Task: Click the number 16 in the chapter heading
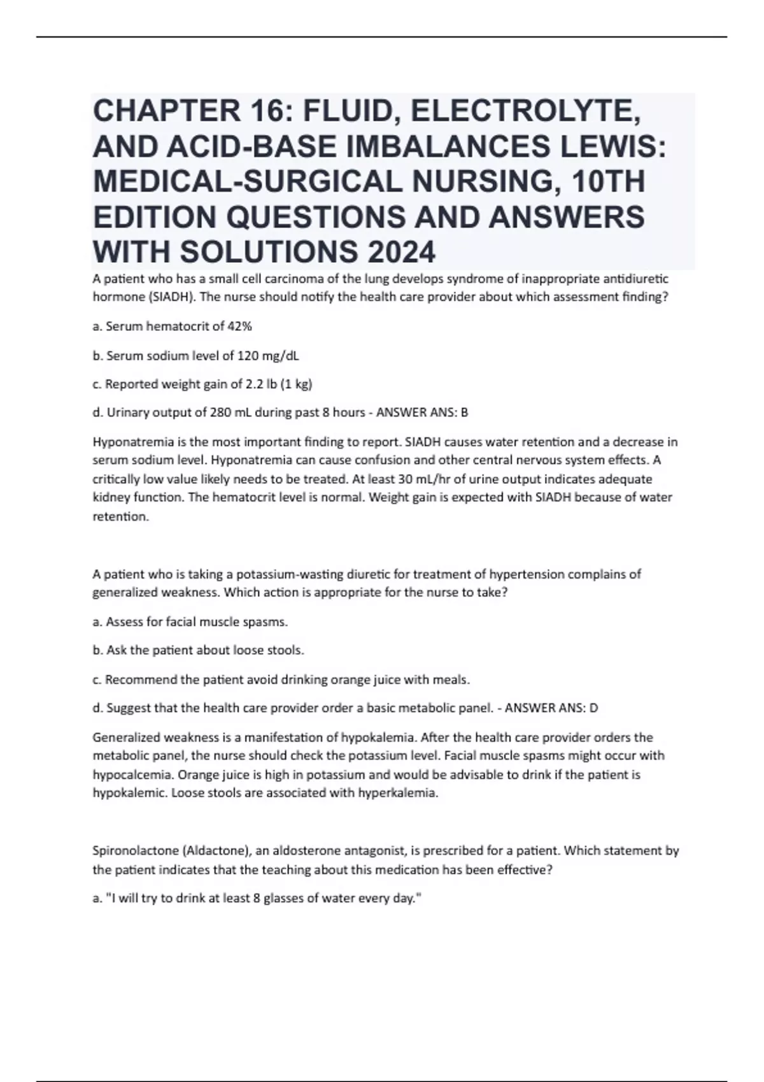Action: [264, 111]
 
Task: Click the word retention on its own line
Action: [120, 517]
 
